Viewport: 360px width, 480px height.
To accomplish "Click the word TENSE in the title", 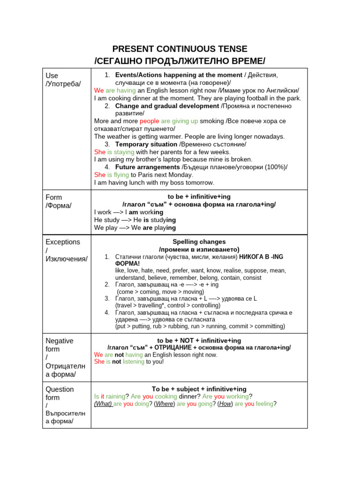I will (231, 49).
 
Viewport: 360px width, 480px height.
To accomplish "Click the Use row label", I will (52, 75).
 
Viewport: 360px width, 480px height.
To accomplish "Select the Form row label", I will (53, 197).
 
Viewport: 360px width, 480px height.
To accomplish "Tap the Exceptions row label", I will (63, 242).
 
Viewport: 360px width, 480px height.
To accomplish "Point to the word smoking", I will (211, 121).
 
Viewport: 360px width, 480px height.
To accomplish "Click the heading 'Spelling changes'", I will (199, 242).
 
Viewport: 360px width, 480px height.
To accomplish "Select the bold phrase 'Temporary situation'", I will (146, 144).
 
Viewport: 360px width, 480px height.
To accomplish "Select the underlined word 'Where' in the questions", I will (164, 404).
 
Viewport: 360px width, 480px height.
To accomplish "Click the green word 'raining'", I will (115, 396).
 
